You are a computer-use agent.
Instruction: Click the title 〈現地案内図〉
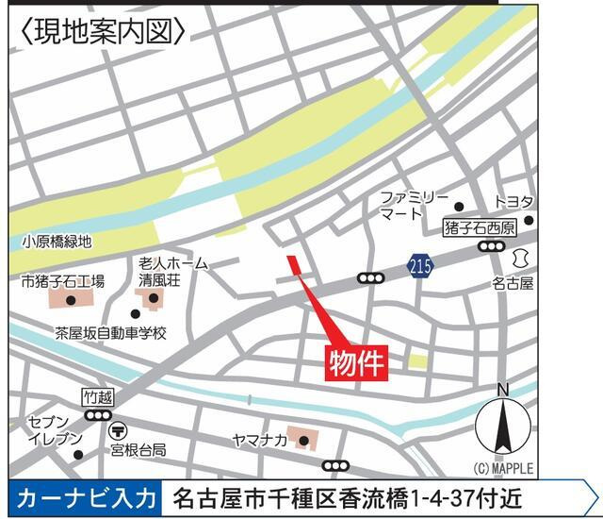click(x=102, y=31)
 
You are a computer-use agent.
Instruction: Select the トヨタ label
click(x=515, y=202)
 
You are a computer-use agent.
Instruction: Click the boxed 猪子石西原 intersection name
click(x=481, y=228)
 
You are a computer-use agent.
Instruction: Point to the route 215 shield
click(x=421, y=267)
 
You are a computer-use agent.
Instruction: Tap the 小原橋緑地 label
click(x=56, y=242)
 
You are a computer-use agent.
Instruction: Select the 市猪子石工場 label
click(x=63, y=280)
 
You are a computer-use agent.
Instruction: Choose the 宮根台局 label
click(x=139, y=449)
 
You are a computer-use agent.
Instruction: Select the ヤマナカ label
click(x=258, y=440)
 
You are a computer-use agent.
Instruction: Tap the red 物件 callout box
click(x=357, y=362)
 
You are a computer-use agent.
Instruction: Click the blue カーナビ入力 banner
click(x=83, y=497)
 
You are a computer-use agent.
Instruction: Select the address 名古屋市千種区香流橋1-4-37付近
click(x=348, y=497)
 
